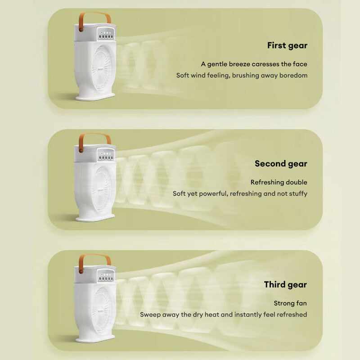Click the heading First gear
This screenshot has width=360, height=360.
coord(287,45)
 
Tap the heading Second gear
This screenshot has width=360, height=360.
coord(281,164)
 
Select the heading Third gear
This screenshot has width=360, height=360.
coord(285,285)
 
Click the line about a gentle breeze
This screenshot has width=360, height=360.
coord(254,64)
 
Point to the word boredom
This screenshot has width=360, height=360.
coord(293,76)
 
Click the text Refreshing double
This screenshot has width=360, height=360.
coord(279,182)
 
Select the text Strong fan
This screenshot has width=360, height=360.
coord(290,303)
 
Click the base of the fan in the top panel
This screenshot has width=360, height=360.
coord(95,96)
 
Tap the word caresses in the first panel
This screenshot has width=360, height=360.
coord(267,64)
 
